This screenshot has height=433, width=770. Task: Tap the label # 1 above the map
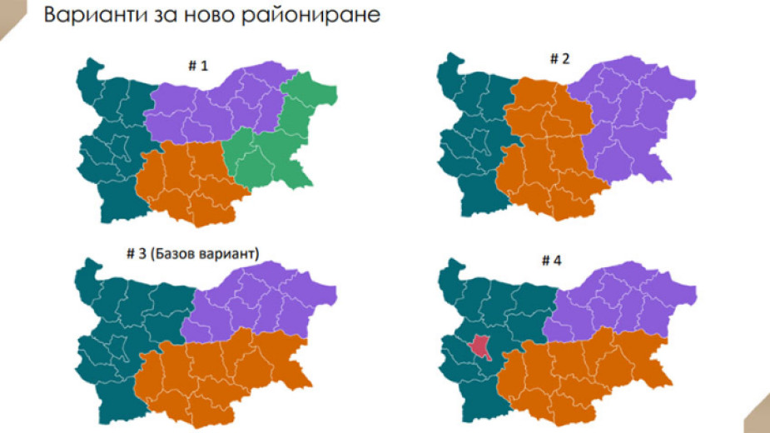(196, 66)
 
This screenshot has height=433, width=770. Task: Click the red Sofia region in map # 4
(480, 346)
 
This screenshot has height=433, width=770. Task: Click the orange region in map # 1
(187, 179)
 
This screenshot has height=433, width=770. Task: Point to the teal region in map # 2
(470, 142)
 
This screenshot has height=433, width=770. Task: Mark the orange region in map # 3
(216, 371)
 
